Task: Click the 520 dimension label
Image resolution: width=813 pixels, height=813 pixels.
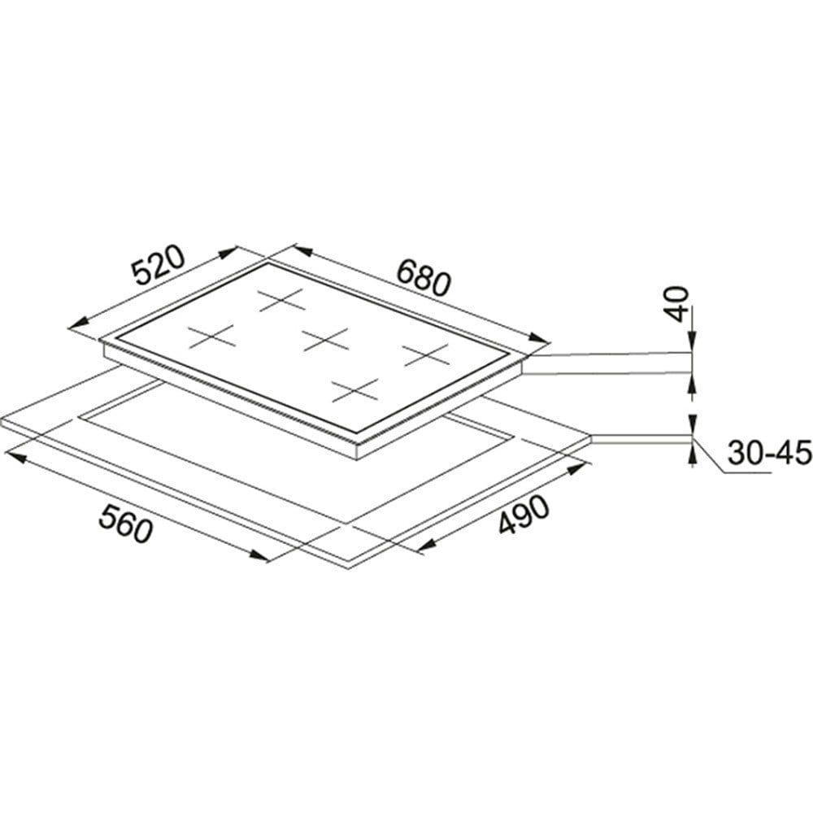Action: click(157, 265)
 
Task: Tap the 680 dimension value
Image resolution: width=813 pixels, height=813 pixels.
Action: click(424, 277)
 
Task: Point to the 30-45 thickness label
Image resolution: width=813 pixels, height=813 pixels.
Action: click(769, 453)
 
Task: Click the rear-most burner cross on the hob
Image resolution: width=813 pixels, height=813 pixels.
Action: click(280, 300)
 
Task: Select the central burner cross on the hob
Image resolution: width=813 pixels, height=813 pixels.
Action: click(325, 340)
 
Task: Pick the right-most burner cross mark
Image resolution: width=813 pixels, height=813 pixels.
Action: click(426, 354)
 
